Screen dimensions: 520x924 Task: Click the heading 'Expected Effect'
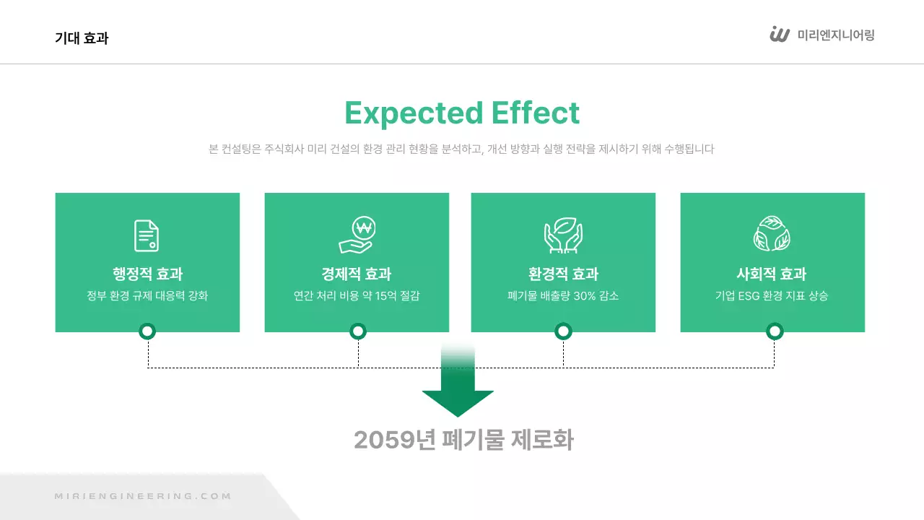(462, 113)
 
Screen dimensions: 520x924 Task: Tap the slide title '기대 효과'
(82, 38)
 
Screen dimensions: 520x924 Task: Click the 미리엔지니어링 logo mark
(780, 35)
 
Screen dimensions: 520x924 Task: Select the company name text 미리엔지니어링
(836, 35)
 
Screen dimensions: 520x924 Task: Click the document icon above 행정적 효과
(147, 235)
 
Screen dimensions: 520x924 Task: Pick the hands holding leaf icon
(563, 235)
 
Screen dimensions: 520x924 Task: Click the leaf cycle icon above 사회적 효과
(772, 234)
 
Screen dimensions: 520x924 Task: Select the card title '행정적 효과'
(147, 274)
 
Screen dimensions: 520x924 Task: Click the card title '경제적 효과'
(357, 274)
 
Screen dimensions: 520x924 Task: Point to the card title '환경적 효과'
(563, 274)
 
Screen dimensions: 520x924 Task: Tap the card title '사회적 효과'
(772, 274)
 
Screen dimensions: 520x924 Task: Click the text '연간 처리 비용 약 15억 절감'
(357, 296)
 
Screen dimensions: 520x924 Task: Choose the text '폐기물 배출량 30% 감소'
(563, 296)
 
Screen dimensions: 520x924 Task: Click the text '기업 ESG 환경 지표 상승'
(772, 296)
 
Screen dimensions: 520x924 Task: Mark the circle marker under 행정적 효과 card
(148, 331)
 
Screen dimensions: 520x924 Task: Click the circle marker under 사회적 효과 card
(775, 331)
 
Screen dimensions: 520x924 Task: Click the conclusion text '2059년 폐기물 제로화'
(463, 440)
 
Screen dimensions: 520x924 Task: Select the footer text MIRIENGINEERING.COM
(143, 496)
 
